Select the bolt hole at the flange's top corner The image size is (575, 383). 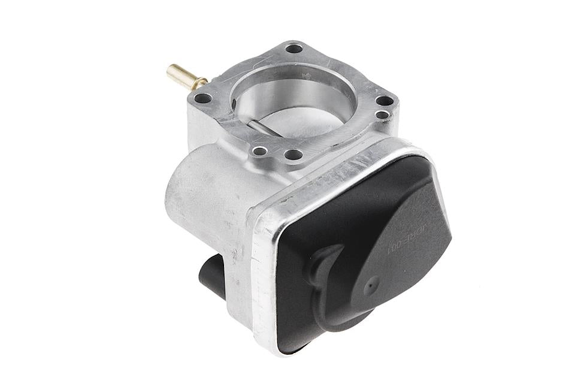[293, 48]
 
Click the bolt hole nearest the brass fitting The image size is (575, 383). [204, 98]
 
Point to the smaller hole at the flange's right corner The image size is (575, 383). [382, 114]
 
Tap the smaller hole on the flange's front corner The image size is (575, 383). [259, 150]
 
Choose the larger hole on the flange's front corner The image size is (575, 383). [293, 155]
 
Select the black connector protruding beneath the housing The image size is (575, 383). [211, 276]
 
